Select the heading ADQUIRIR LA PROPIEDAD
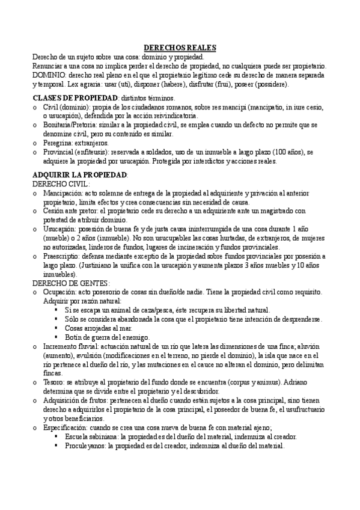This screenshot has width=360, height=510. [79, 174]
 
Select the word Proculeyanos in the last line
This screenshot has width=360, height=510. [86, 446]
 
